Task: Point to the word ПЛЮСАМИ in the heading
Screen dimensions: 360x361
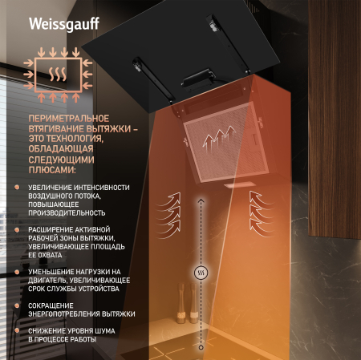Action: [52, 170]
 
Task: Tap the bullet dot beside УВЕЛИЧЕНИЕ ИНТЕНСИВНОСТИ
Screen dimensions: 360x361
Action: [18, 187]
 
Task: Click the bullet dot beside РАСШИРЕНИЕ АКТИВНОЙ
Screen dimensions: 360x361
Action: [18, 229]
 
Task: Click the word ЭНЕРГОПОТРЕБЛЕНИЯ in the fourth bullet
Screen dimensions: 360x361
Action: [70, 313]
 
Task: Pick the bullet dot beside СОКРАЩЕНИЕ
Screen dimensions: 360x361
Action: [18, 305]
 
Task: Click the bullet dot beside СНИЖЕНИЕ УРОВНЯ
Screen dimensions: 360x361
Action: [18, 331]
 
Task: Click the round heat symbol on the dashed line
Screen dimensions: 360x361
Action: [201, 271]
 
